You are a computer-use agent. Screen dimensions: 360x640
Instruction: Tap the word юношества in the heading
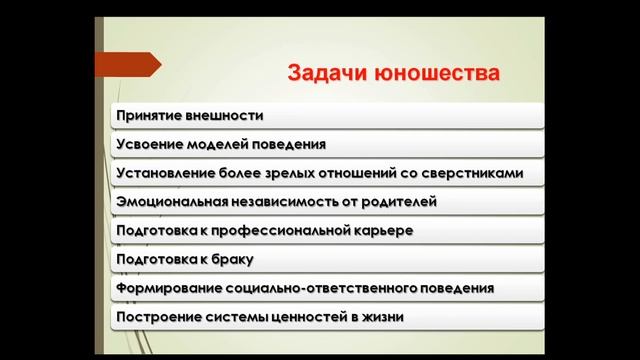(435, 74)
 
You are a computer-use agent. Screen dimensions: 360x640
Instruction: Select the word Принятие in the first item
(149, 115)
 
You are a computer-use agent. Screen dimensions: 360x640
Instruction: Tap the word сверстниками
(472, 173)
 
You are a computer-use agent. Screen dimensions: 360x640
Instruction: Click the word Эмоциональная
(170, 202)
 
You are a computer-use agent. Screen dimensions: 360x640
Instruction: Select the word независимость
(283, 202)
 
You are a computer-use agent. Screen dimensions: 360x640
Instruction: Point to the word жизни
(384, 318)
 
